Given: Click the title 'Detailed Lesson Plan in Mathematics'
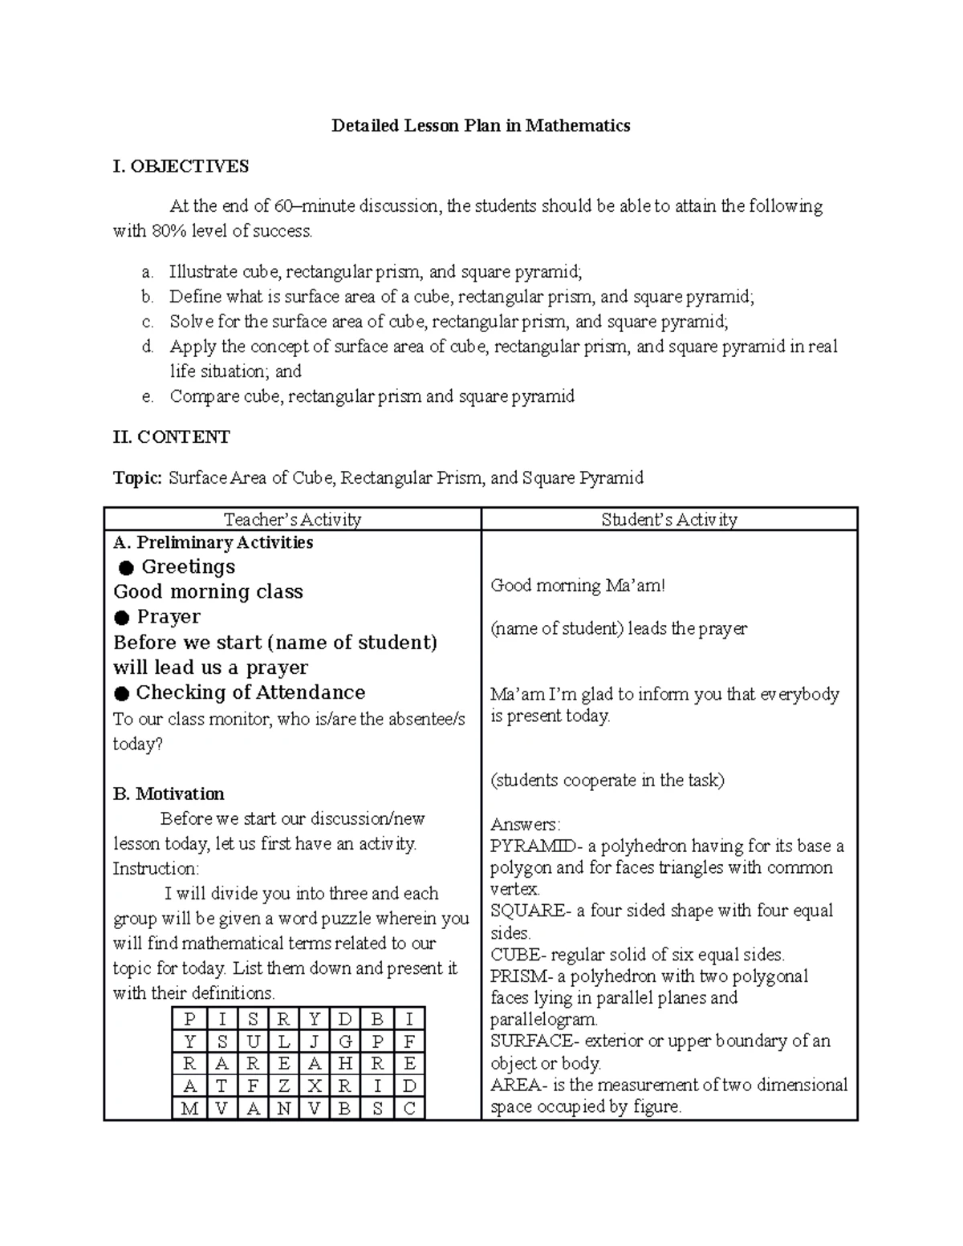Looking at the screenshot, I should [481, 126].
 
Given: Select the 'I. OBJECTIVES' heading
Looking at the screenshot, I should [181, 166].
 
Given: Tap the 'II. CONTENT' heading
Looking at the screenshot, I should [171, 437].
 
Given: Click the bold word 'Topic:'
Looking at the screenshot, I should [137, 478].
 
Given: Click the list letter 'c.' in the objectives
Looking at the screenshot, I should [147, 323].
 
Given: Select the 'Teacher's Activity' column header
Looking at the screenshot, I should [292, 520].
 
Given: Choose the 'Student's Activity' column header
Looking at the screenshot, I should [669, 520].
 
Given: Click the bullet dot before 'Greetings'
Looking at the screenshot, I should [125, 568].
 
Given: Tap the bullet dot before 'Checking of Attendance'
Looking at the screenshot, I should [121, 693].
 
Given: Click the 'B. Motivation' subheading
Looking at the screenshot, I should [169, 794].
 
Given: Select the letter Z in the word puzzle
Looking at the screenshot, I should [283, 1086].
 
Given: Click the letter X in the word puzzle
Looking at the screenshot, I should [315, 1086].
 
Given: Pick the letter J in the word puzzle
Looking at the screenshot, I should [315, 1042].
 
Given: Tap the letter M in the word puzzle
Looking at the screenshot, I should [189, 1109].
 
